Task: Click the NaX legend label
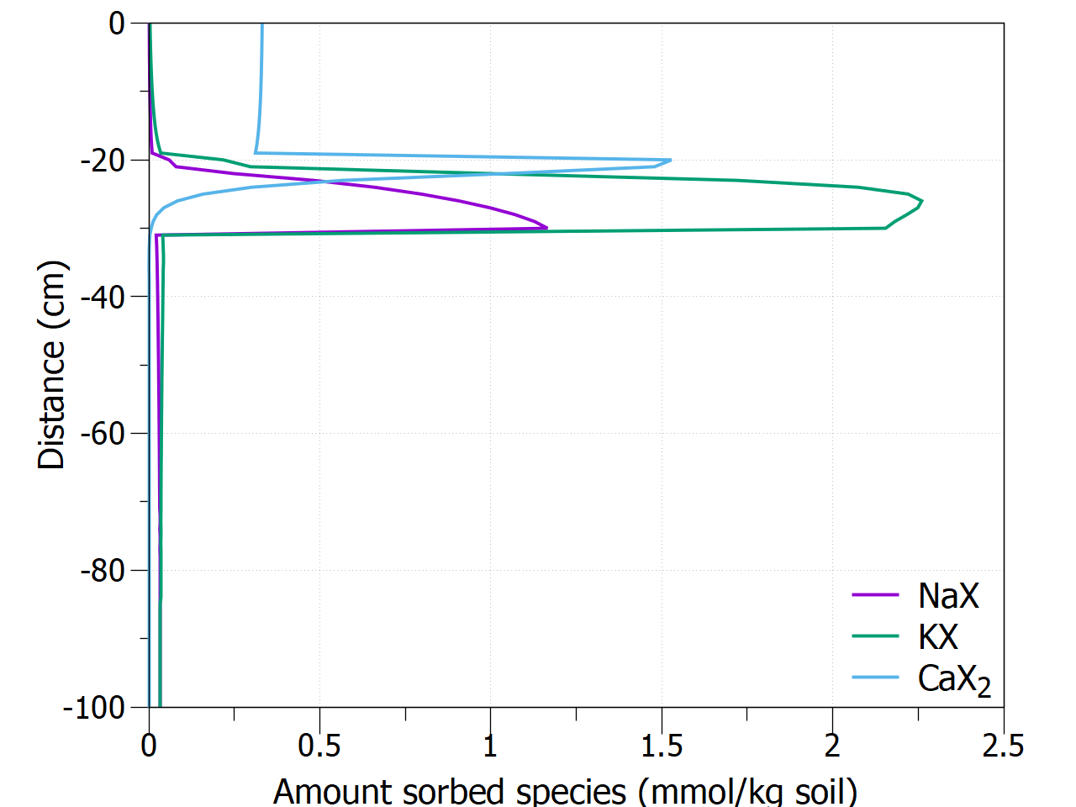(948, 596)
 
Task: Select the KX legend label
(938, 637)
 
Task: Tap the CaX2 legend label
(954, 679)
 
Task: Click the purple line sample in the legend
(875, 596)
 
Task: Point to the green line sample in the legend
(875, 637)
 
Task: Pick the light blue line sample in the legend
(875, 678)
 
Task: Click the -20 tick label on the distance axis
(103, 161)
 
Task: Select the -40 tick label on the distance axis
(103, 297)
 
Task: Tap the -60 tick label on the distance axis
(103, 434)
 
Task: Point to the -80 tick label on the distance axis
(103, 571)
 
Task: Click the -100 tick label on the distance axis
(94, 708)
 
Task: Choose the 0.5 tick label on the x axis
(319, 746)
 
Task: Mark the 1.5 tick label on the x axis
(662, 746)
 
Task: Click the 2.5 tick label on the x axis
(1003, 746)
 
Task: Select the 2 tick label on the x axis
(832, 746)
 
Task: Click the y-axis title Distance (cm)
(52, 366)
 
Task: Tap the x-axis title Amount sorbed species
(565, 791)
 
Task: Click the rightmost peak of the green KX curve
(922, 201)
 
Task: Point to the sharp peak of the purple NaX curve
(547, 227)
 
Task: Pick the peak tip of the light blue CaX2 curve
(671, 160)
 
